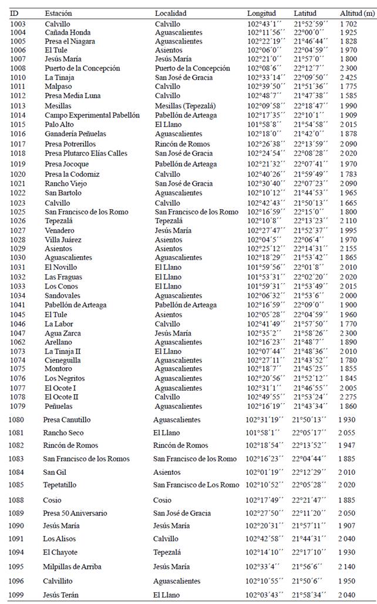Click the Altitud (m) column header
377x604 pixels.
pos(356,13)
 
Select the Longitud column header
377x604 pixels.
pos(261,13)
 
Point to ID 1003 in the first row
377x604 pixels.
pos(18,24)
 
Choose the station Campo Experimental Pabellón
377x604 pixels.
pos(92,115)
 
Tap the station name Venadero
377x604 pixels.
pos(60,230)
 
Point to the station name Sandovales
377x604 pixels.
pos(62,296)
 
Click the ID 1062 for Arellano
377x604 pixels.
pos(18,342)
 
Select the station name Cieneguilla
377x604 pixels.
pos(63,360)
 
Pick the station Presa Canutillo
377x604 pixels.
pos(67,420)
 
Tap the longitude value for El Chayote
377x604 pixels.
pos(264,552)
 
